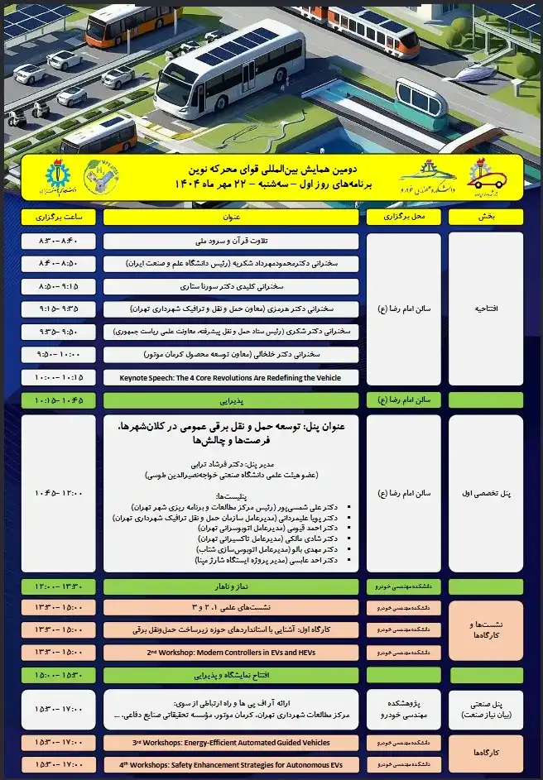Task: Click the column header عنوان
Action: pos(231,218)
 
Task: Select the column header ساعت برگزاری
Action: pos(57,218)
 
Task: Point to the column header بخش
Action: pos(486,218)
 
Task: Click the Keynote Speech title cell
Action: pos(231,377)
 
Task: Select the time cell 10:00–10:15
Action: pos(57,377)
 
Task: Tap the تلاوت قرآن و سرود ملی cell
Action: pos(231,241)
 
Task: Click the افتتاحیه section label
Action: pos(486,309)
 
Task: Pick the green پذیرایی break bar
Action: pos(231,400)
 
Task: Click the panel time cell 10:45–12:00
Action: pos(57,493)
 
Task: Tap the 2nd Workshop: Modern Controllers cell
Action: pos(231,652)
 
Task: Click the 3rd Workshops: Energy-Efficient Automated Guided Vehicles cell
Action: pos(231,742)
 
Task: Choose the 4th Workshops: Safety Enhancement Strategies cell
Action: pos(231,764)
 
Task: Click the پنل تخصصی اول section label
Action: pos(486,493)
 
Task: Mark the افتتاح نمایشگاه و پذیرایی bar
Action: pos(231,675)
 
